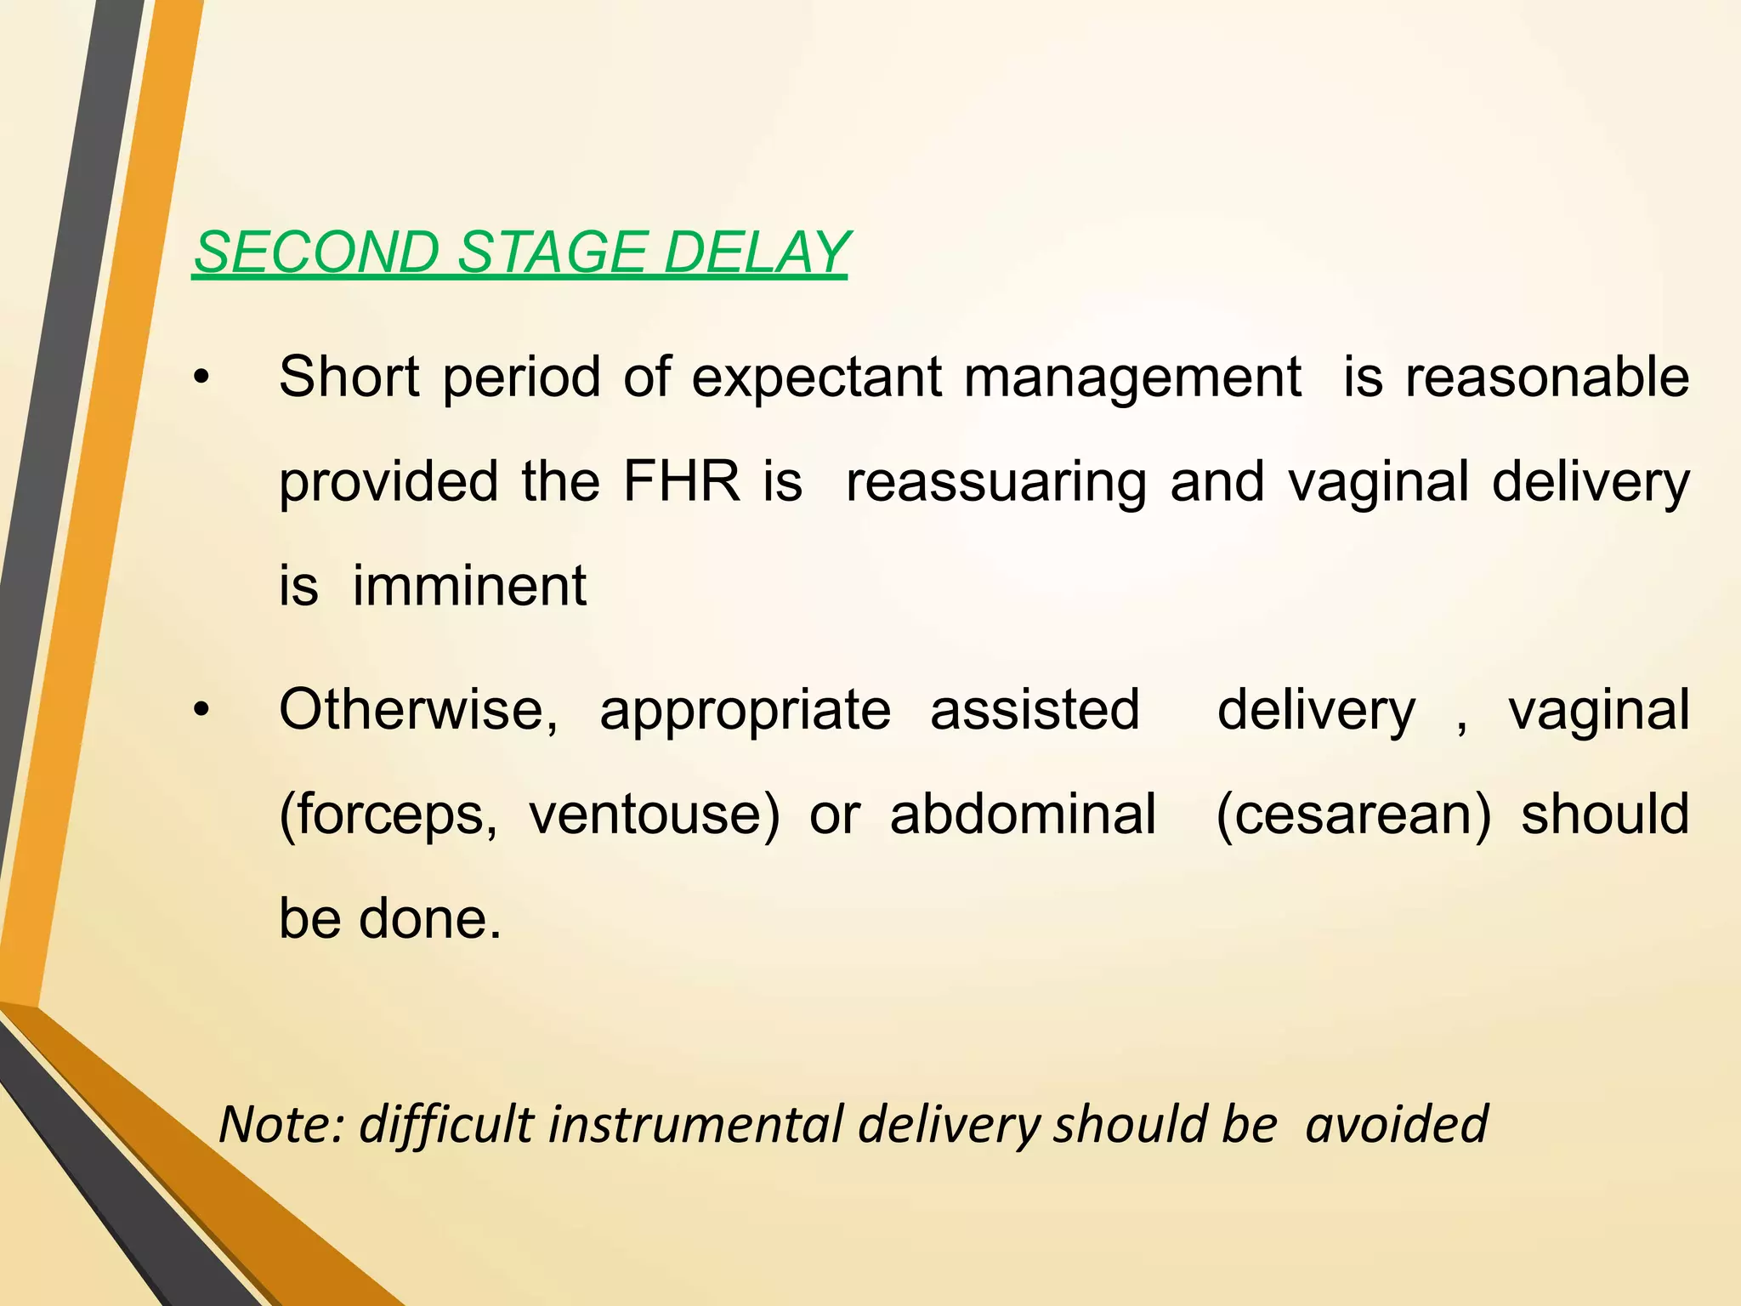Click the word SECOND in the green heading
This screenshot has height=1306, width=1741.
[x=315, y=253]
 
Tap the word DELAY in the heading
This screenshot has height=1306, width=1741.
[x=756, y=253]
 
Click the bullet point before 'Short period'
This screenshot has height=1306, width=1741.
[x=201, y=378]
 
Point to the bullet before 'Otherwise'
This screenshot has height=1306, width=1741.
[x=201, y=711]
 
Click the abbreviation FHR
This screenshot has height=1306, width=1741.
[x=682, y=481]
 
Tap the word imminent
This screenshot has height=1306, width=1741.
[x=469, y=586]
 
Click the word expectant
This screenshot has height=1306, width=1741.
[x=816, y=378]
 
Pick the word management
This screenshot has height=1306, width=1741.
[x=1131, y=378]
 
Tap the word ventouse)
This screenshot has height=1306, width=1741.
[x=654, y=815]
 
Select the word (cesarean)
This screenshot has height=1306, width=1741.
[x=1353, y=815]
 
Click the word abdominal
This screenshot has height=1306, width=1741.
[x=1023, y=814]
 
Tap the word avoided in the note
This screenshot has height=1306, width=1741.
[x=1397, y=1124]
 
